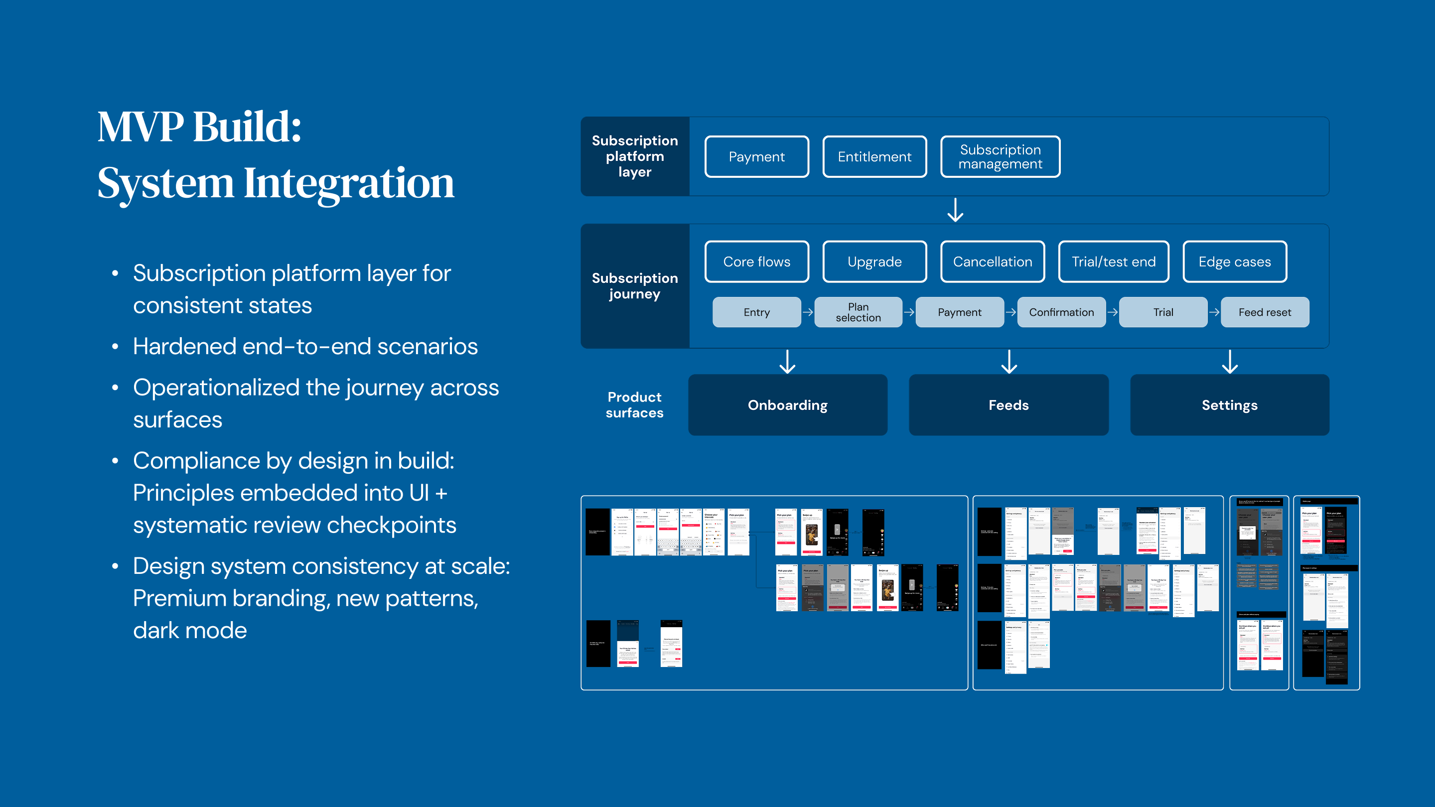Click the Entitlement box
pyautogui.click(x=874, y=157)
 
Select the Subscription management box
pyautogui.click(x=1000, y=157)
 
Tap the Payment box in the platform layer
pyautogui.click(x=756, y=157)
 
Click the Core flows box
pyautogui.click(x=756, y=262)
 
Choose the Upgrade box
pyautogui.click(x=874, y=262)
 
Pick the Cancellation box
pyautogui.click(x=992, y=262)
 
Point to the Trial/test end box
pyautogui.click(x=1113, y=262)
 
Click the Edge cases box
pyautogui.click(x=1235, y=262)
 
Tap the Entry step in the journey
pyautogui.click(x=756, y=312)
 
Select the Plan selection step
pyautogui.click(x=858, y=312)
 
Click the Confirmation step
pyautogui.click(x=1061, y=312)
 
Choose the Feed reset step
pyautogui.click(x=1265, y=312)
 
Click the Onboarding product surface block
pyautogui.click(x=787, y=405)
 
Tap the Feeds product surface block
pyautogui.click(x=1008, y=405)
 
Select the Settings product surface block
pyautogui.click(x=1229, y=405)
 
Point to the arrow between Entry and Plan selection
pyautogui.click(x=808, y=312)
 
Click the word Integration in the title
pyautogui.click(x=349, y=183)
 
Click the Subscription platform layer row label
pyautogui.click(x=634, y=156)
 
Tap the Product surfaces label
pyautogui.click(x=634, y=405)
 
